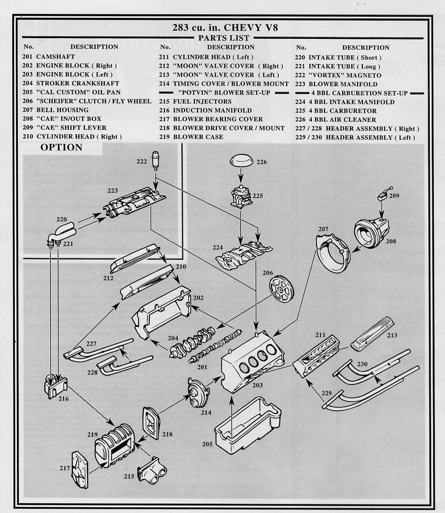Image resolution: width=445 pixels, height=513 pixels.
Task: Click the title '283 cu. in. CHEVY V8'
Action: click(225, 28)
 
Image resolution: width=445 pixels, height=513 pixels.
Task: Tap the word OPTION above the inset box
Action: click(61, 148)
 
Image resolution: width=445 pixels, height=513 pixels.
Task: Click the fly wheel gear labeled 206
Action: click(282, 289)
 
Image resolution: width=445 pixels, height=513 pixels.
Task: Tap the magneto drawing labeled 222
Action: click(155, 160)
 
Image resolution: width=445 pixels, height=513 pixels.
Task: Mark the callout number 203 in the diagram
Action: click(257, 385)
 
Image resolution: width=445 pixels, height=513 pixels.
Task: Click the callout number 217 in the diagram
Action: click(64, 468)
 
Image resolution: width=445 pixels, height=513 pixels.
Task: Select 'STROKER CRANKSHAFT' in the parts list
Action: click(78, 84)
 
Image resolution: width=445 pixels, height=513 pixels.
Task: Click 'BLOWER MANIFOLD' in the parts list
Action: click(343, 84)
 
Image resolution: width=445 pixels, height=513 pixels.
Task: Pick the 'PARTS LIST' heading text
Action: click(224, 38)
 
